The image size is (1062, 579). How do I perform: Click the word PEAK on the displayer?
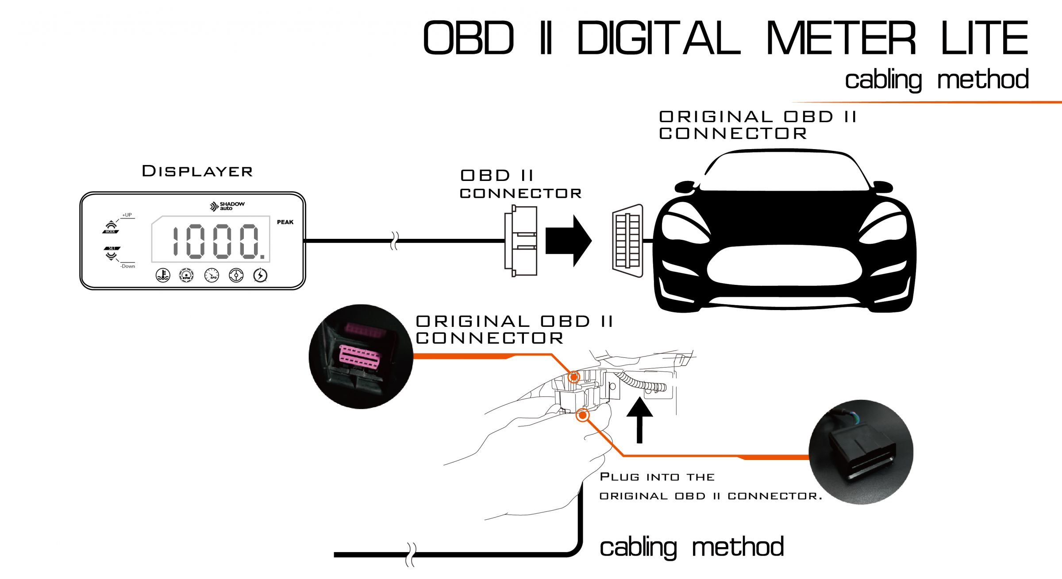point(285,222)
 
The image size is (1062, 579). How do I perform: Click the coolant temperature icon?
point(163,275)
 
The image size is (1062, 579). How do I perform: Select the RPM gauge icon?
point(186,275)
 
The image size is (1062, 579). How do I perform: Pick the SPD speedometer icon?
point(212,275)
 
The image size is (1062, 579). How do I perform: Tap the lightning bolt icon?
point(260,275)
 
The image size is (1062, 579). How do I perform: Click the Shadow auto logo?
point(227,206)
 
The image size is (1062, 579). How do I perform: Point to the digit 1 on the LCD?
point(175,242)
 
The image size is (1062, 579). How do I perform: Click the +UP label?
point(127,215)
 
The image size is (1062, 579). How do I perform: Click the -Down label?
point(128,266)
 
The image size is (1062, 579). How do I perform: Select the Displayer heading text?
point(197,171)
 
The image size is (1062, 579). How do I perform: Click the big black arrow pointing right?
point(568,241)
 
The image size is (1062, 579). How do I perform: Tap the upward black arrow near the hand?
point(639,420)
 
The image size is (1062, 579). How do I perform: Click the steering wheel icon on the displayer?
point(236,275)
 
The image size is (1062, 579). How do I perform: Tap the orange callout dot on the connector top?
point(574,377)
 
